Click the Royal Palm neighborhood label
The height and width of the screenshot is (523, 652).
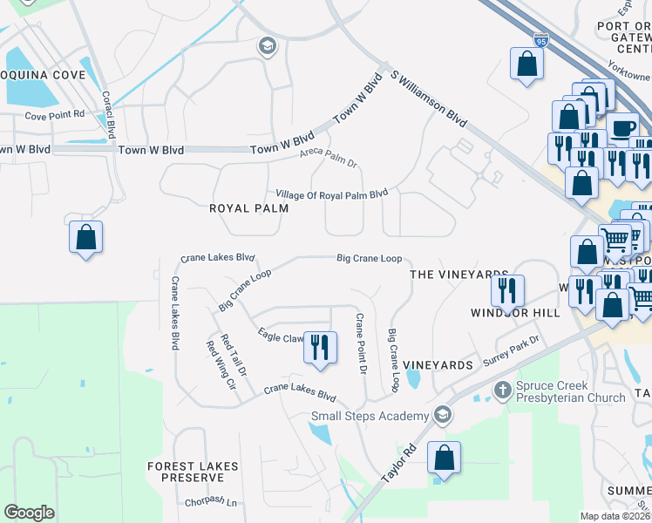coord(248,208)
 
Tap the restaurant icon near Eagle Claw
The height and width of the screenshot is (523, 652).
coord(320,347)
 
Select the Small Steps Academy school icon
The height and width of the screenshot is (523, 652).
coord(443,415)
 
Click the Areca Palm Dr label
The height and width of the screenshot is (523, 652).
coord(329,157)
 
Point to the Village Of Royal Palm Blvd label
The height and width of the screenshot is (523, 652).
coord(331,194)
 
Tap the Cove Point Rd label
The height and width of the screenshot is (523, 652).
coord(54,115)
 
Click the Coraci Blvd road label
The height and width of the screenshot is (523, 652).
coord(108,115)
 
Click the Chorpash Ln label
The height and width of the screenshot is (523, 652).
coord(211,502)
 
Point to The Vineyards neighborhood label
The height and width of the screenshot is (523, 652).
coord(458,274)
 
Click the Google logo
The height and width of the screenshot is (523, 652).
coord(30,512)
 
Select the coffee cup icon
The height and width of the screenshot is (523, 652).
coord(622,128)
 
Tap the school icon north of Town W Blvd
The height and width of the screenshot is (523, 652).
coord(268,46)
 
